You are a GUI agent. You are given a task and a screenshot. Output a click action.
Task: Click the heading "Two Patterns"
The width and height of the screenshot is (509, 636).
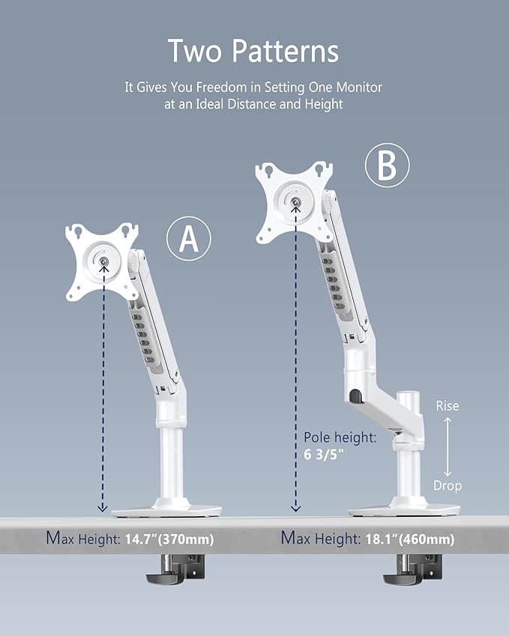click(253, 51)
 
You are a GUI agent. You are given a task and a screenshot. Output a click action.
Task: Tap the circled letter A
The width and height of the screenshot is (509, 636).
click(188, 239)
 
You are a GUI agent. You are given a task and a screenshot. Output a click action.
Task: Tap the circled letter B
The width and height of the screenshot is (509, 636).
click(387, 167)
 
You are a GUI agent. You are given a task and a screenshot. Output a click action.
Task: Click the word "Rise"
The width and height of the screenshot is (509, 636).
click(447, 406)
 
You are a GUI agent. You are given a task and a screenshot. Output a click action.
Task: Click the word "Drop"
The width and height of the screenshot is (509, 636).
click(448, 485)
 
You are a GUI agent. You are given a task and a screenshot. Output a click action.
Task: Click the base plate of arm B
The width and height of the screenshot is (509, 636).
click(405, 509)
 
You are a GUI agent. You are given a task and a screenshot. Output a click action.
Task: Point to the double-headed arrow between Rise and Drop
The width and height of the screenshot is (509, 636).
click(448, 446)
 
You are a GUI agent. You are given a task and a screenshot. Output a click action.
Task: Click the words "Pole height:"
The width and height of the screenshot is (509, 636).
click(339, 438)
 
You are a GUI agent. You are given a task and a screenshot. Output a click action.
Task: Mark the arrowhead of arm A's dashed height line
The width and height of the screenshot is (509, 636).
click(103, 509)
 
